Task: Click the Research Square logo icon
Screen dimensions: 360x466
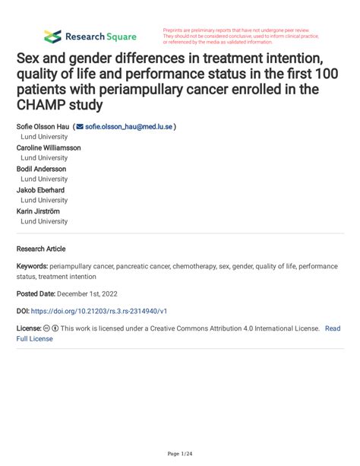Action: pyautogui.click(x=52, y=36)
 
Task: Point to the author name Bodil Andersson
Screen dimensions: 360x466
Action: pyautogui.click(x=42, y=169)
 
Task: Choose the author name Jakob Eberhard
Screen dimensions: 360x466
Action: pyautogui.click(x=40, y=190)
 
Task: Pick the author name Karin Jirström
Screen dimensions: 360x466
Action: pyautogui.click(x=38, y=211)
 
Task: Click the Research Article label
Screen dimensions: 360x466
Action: pyautogui.click(x=41, y=249)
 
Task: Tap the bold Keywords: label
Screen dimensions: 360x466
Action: pyautogui.click(x=32, y=268)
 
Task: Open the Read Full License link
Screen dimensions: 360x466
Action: pyautogui.click(x=332, y=329)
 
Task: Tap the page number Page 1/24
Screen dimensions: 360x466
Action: pyautogui.click(x=180, y=454)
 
